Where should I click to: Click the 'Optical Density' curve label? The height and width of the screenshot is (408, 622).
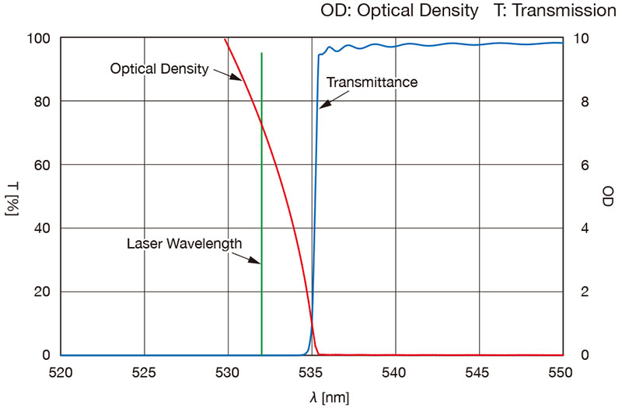(x=159, y=68)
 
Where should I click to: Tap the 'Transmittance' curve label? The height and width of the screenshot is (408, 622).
(x=372, y=82)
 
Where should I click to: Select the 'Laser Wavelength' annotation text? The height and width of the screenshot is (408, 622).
(x=184, y=243)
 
